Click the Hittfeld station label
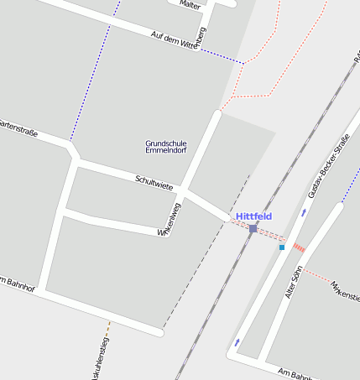[253, 216]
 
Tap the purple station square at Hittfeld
[253, 228]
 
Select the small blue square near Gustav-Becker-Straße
[282, 247]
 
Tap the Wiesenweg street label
[170, 220]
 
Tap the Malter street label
[190, 4]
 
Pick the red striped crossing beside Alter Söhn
[299, 247]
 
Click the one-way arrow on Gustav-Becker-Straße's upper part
[304, 212]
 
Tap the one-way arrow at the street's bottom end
[237, 341]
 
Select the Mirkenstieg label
[345, 290]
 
